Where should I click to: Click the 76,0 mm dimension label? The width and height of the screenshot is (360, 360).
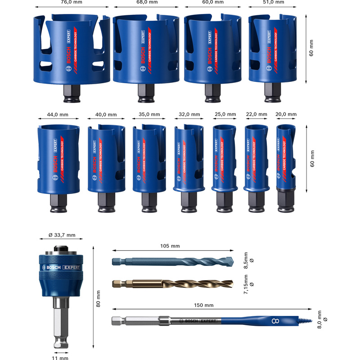click(x=72, y=2)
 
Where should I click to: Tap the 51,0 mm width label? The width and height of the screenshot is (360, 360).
click(x=273, y=2)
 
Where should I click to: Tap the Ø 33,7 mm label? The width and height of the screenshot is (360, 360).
click(x=62, y=235)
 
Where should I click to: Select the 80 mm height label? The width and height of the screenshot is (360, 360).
click(x=99, y=298)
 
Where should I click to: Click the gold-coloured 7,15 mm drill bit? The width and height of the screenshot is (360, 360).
click(x=171, y=283)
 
